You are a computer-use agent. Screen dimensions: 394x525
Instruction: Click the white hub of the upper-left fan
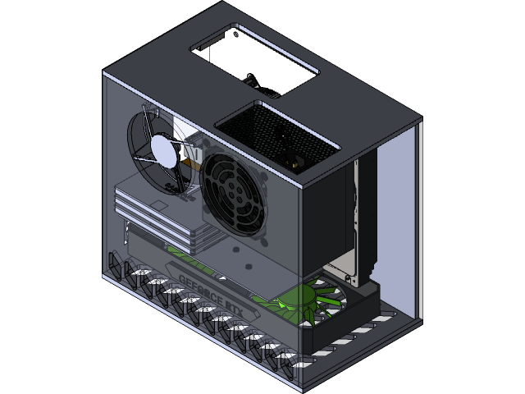coord(162,149)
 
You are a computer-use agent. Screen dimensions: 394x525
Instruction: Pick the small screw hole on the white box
coord(239,35)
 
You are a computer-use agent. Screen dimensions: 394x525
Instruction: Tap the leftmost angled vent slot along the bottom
coord(115,264)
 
